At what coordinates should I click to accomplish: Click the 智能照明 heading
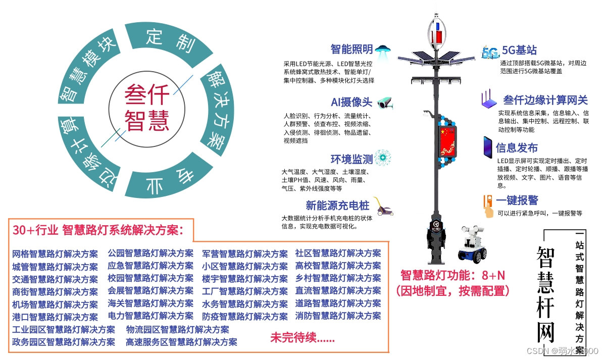point(351,49)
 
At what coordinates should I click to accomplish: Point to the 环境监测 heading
point(351,160)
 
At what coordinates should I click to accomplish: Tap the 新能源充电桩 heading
point(337,206)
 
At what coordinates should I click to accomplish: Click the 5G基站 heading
point(519,50)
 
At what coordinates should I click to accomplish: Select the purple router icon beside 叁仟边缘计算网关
point(488,100)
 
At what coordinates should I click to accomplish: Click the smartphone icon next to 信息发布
point(488,147)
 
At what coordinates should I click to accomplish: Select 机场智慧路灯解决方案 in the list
point(55,304)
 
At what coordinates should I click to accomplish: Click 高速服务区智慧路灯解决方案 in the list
point(181,342)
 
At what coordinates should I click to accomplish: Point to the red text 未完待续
point(302,338)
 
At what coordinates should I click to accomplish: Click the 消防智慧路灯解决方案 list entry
point(338,316)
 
